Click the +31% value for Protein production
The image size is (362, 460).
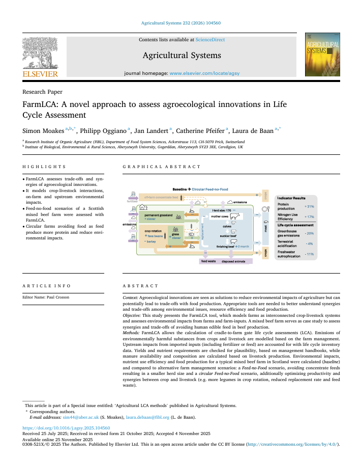310,206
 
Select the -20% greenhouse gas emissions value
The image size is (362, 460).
310,233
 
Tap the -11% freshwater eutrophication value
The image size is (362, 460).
310,253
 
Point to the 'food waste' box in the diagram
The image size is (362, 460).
208,261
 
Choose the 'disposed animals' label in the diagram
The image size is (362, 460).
233,261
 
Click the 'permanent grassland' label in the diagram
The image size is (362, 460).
159,215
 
